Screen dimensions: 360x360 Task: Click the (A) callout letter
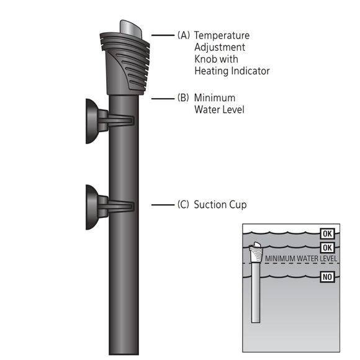[x=184, y=35]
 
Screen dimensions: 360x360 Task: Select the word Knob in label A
[x=207, y=59]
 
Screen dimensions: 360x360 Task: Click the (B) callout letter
[x=184, y=98]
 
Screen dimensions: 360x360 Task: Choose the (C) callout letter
[x=184, y=204]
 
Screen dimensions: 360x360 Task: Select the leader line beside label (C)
[x=162, y=204]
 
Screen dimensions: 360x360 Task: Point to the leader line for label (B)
[x=162, y=98]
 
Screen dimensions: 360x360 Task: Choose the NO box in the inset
[x=328, y=277]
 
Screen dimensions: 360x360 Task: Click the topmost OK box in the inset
[x=328, y=234]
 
